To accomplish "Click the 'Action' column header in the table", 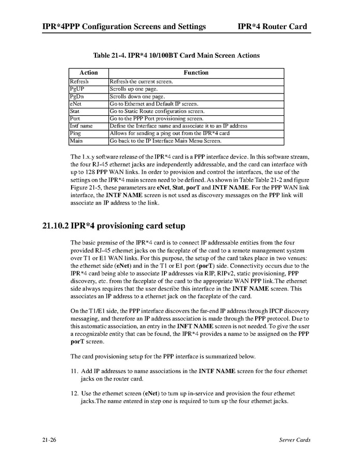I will [88, 73].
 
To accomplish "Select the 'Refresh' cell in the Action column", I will [79, 81].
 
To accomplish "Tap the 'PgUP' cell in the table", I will [77, 89].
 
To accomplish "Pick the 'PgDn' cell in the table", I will [77, 97].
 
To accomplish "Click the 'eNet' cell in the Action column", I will [76, 104].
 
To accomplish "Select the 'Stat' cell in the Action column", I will [75, 111].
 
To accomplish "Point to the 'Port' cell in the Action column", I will [75, 118].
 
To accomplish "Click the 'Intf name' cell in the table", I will [81, 126].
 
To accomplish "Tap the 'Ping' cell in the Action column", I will [75, 133].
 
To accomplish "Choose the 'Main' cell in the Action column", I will [76, 141].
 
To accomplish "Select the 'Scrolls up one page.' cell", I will [137, 89].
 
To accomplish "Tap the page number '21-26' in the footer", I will [50, 440].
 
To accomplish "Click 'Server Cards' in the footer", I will [294, 440].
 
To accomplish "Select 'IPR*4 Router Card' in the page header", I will [272, 26].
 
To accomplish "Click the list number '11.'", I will [74, 371].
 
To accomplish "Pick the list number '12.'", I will [74, 393].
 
